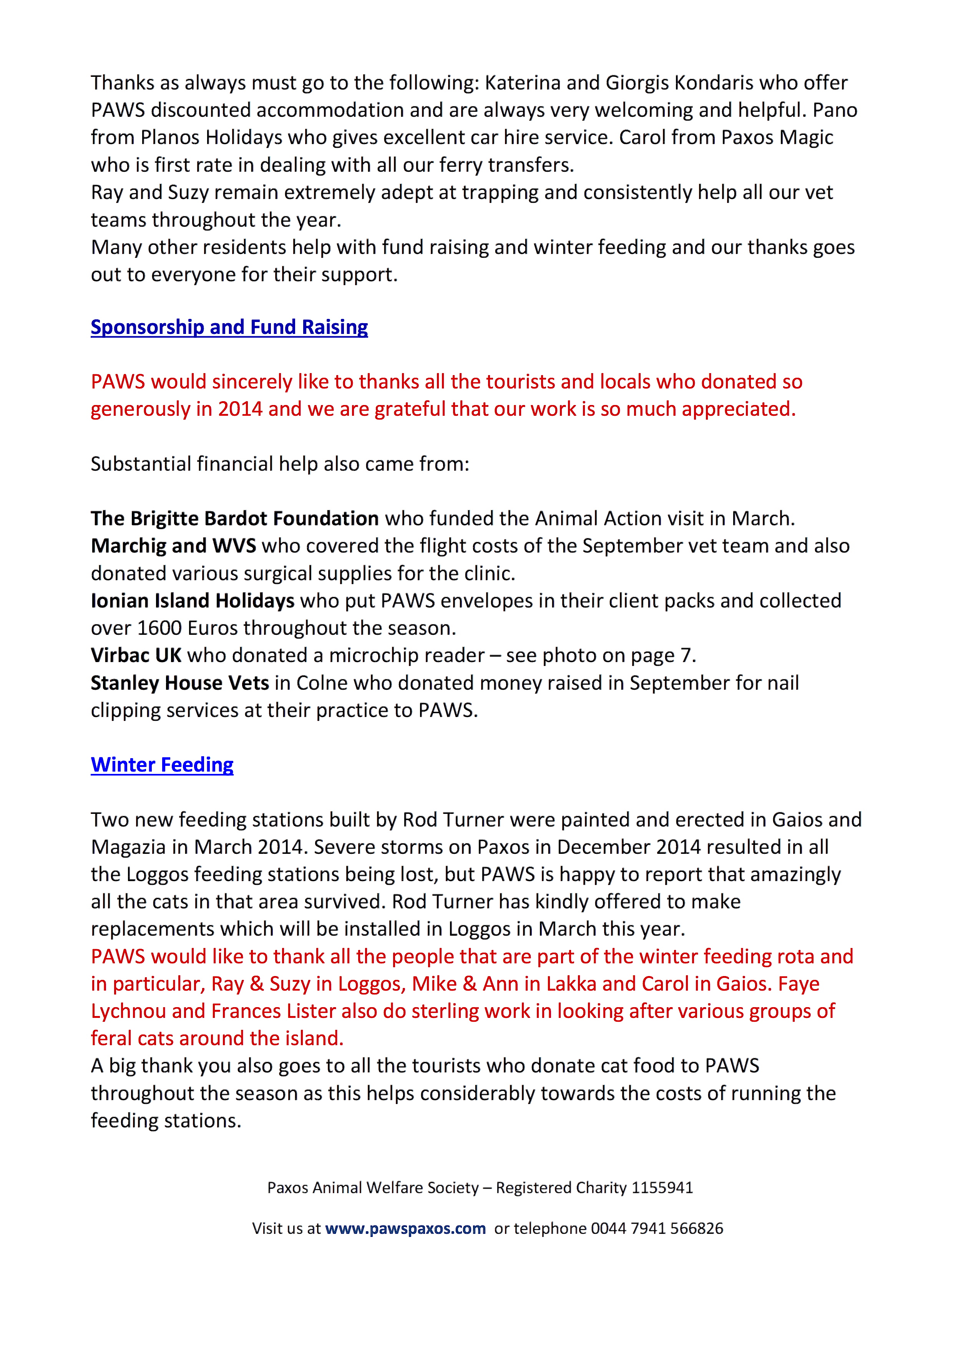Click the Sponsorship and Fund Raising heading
(x=229, y=327)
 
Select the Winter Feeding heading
(x=162, y=764)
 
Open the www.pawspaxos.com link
(x=405, y=1228)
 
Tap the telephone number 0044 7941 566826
(x=656, y=1228)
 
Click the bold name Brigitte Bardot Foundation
(x=234, y=518)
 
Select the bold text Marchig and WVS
(x=173, y=546)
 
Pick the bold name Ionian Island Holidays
(x=193, y=601)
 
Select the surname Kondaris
(x=714, y=83)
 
